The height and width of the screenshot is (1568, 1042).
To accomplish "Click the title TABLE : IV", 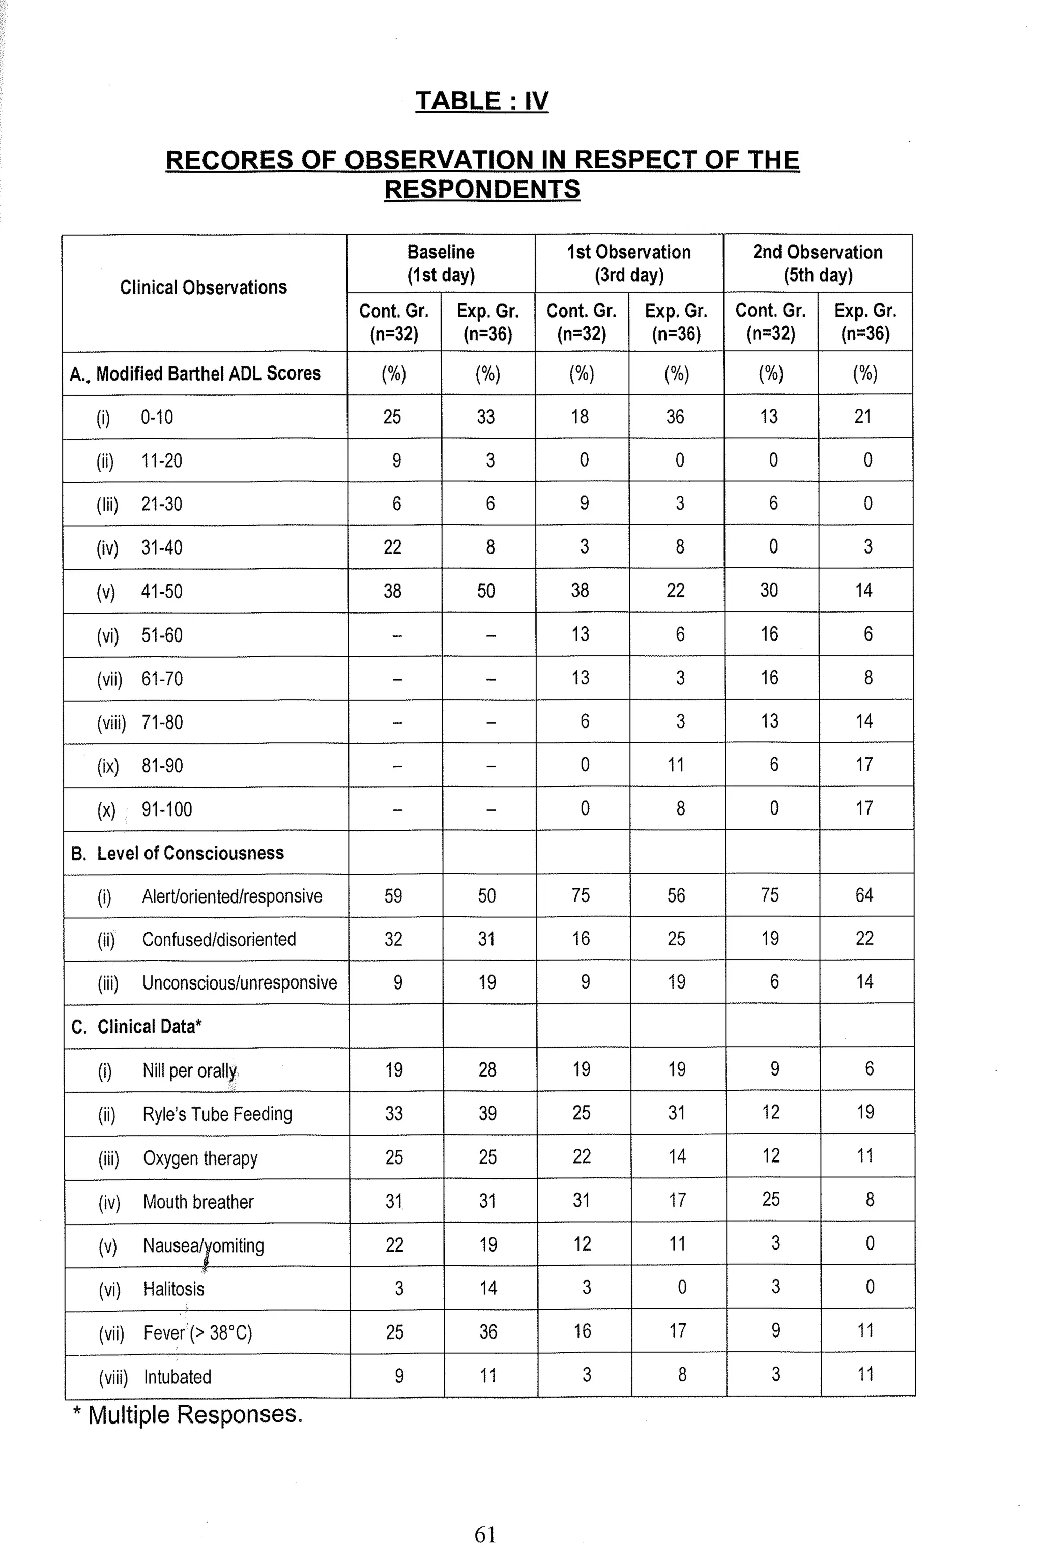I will point(482,101).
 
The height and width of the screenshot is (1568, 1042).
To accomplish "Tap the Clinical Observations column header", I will point(204,287).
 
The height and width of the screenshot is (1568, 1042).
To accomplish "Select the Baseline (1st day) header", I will point(441,263).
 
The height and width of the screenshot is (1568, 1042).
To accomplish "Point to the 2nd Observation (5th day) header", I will point(818,263).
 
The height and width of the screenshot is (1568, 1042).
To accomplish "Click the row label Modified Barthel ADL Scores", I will point(208,373).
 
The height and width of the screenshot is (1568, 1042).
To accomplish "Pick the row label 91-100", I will point(166,809).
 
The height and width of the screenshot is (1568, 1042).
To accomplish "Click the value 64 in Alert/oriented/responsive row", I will point(864,895).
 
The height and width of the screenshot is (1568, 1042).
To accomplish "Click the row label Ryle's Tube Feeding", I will point(217,1114).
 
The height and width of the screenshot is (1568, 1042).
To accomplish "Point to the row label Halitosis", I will point(173,1289).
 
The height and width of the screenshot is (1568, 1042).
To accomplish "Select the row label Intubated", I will point(178,1377).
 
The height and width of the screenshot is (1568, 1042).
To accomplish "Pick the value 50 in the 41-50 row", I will point(486,591).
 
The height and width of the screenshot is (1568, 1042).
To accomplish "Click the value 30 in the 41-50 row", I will point(769,590).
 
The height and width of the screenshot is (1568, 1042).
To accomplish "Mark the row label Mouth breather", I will point(198,1201).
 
